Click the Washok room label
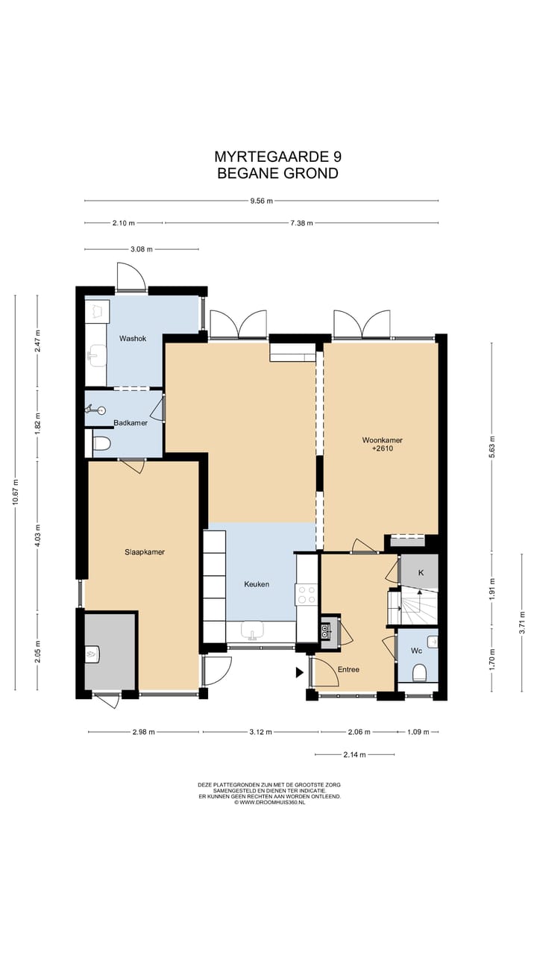[133, 339]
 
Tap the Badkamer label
[131, 423]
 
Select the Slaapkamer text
[145, 552]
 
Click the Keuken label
[257, 584]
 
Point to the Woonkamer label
[383, 440]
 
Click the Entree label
[348, 669]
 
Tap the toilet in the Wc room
[419, 672]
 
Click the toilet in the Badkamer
[101, 444]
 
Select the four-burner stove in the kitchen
[307, 595]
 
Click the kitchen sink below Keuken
[252, 630]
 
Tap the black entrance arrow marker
[300, 673]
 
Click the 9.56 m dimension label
[261, 201]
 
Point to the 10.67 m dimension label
[16, 492]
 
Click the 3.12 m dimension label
[260, 732]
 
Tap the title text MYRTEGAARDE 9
[278, 157]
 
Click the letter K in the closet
[421, 572]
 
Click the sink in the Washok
[97, 354]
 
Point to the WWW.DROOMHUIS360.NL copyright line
[269, 802]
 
